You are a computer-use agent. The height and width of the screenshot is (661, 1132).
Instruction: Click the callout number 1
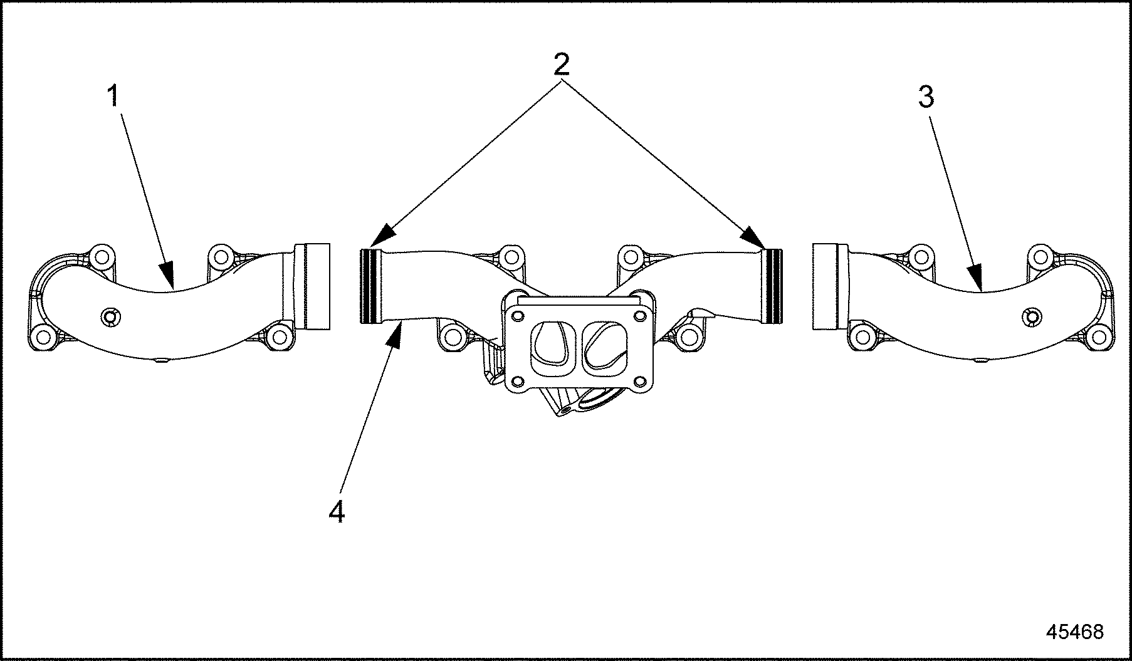pyautogui.click(x=113, y=97)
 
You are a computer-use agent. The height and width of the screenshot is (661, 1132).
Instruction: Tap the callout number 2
pyautogui.click(x=561, y=64)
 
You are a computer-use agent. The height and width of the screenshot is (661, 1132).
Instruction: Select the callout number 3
pyautogui.click(x=926, y=97)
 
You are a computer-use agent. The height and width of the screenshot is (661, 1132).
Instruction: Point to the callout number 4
pyautogui.click(x=337, y=513)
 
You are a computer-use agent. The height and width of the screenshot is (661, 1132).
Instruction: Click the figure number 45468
pyautogui.click(x=1075, y=631)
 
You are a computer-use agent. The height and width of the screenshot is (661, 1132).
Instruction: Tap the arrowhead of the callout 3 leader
pyautogui.click(x=974, y=278)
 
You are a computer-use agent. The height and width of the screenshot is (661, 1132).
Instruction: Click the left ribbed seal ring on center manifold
pyautogui.click(x=370, y=286)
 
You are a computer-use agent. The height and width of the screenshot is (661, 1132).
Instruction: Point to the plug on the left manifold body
pyautogui.click(x=111, y=317)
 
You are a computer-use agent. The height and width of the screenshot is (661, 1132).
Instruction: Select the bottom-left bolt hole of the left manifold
pyautogui.click(x=43, y=337)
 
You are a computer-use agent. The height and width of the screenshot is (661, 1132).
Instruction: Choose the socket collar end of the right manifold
pyautogui.click(x=824, y=286)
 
